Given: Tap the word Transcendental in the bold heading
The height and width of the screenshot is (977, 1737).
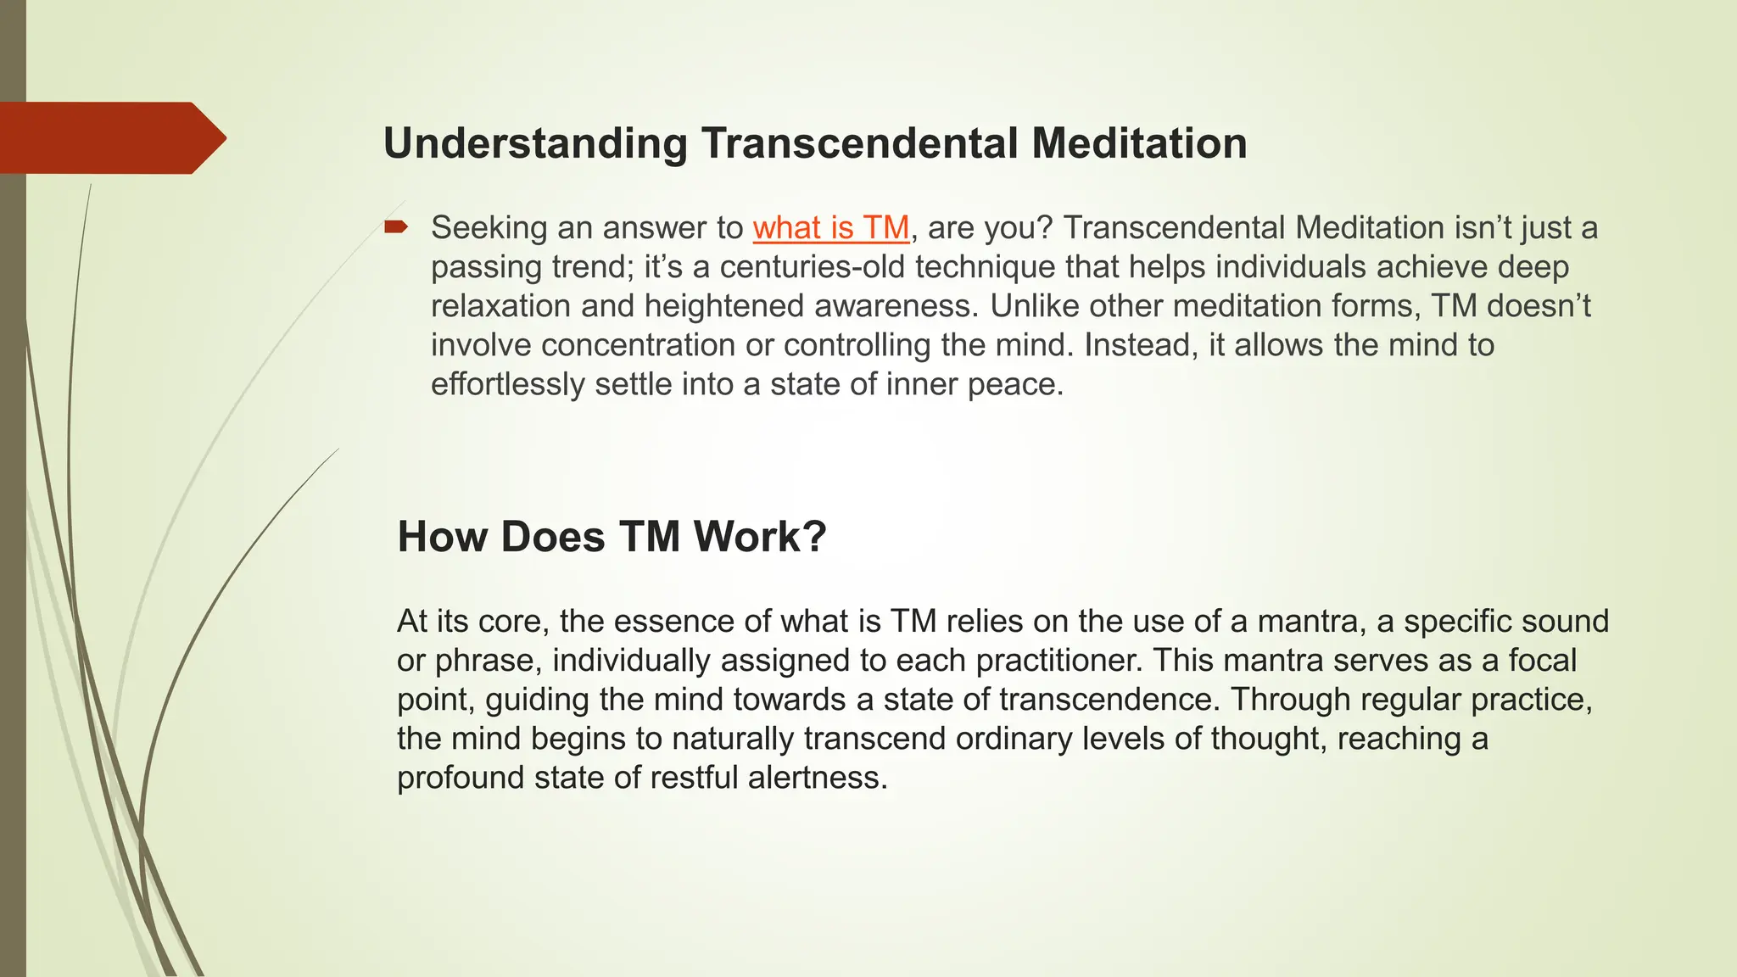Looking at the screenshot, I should [x=859, y=143].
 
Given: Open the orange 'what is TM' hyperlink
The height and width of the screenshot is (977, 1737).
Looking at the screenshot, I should [x=830, y=228].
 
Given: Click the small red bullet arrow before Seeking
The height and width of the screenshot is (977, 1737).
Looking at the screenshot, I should [x=395, y=226].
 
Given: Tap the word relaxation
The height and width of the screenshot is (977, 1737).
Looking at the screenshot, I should [x=500, y=306].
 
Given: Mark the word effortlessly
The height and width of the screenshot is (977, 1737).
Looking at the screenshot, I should [x=507, y=384].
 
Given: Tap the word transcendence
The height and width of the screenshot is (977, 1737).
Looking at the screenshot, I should [x=1111, y=700].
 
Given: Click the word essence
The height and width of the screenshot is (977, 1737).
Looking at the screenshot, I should [x=674, y=622].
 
